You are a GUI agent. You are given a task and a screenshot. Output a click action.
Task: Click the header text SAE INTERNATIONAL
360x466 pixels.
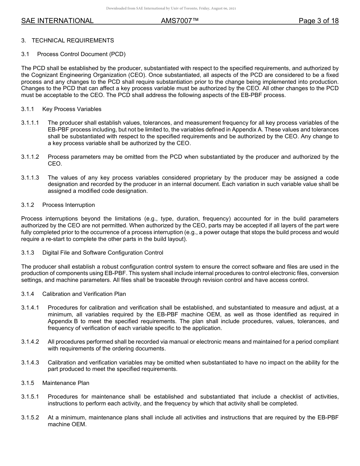pyautogui.click(x=57, y=21)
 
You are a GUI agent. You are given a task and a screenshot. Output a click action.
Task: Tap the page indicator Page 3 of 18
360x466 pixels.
pyautogui.click(x=318, y=21)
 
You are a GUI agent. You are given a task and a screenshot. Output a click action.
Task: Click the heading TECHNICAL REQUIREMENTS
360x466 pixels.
pyautogui.click(x=73, y=41)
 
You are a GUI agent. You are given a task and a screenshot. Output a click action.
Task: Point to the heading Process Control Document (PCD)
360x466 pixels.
pyautogui.click(x=81, y=54)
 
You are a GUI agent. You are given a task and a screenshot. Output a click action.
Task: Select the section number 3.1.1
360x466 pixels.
pyautogui.click(x=28, y=109)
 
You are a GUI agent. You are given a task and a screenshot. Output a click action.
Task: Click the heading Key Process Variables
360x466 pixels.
pyautogui.click(x=72, y=109)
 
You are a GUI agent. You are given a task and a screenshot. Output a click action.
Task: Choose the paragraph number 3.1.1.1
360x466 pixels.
pyautogui.click(x=30, y=123)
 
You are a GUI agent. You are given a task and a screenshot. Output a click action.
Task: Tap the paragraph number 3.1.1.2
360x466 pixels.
pyautogui.click(x=30, y=157)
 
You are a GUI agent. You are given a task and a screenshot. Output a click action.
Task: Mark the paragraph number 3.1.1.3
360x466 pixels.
pyautogui.click(x=30, y=178)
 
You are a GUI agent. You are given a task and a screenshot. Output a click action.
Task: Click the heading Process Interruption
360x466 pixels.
pyautogui.click(x=69, y=205)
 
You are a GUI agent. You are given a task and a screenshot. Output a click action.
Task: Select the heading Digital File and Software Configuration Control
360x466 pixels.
pyautogui.click(x=103, y=253)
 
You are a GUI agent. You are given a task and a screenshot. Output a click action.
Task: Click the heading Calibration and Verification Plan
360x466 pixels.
pyautogui.click(x=84, y=294)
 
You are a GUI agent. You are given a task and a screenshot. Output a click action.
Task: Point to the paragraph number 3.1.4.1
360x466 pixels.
pyautogui.click(x=30, y=308)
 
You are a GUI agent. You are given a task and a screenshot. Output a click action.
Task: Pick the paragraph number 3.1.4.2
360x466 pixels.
pyautogui.click(x=30, y=342)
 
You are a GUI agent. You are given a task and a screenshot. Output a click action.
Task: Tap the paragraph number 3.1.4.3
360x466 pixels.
pyautogui.click(x=30, y=363)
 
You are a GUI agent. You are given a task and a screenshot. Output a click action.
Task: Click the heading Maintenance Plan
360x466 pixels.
pyautogui.click(x=66, y=383)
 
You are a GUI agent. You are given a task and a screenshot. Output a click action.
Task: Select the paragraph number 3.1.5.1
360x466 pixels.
pyautogui.click(x=30, y=397)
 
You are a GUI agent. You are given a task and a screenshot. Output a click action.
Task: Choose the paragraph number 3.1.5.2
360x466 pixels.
pyautogui.click(x=30, y=418)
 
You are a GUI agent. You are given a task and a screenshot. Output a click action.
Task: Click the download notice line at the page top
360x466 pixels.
pyautogui.click(x=171, y=8)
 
